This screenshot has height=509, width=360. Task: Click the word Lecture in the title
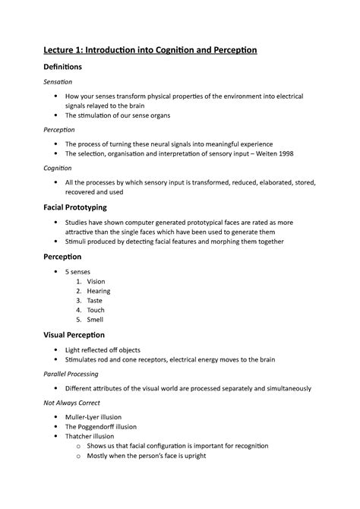[62, 50]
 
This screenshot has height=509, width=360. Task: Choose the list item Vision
[96, 281]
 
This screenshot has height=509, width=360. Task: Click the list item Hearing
[99, 291]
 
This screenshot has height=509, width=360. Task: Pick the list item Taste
[96, 301]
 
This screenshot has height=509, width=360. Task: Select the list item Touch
[96, 310]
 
